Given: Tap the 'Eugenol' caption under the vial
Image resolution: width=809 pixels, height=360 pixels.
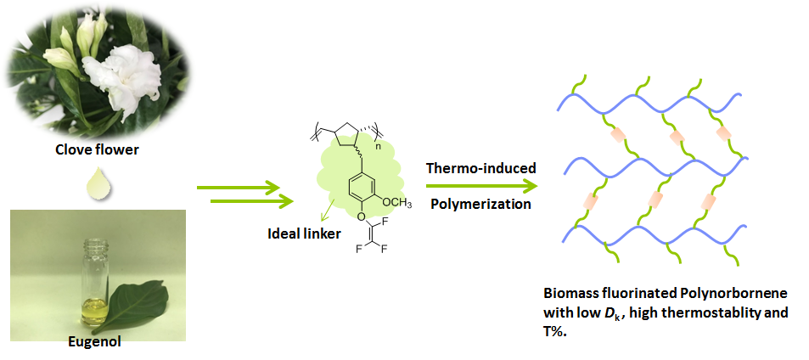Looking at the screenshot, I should pos(95,342).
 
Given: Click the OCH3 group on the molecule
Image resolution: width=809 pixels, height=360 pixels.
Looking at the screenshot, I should pos(396,202).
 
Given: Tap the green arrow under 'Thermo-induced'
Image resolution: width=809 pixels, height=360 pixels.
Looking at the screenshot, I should pos(480,187).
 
